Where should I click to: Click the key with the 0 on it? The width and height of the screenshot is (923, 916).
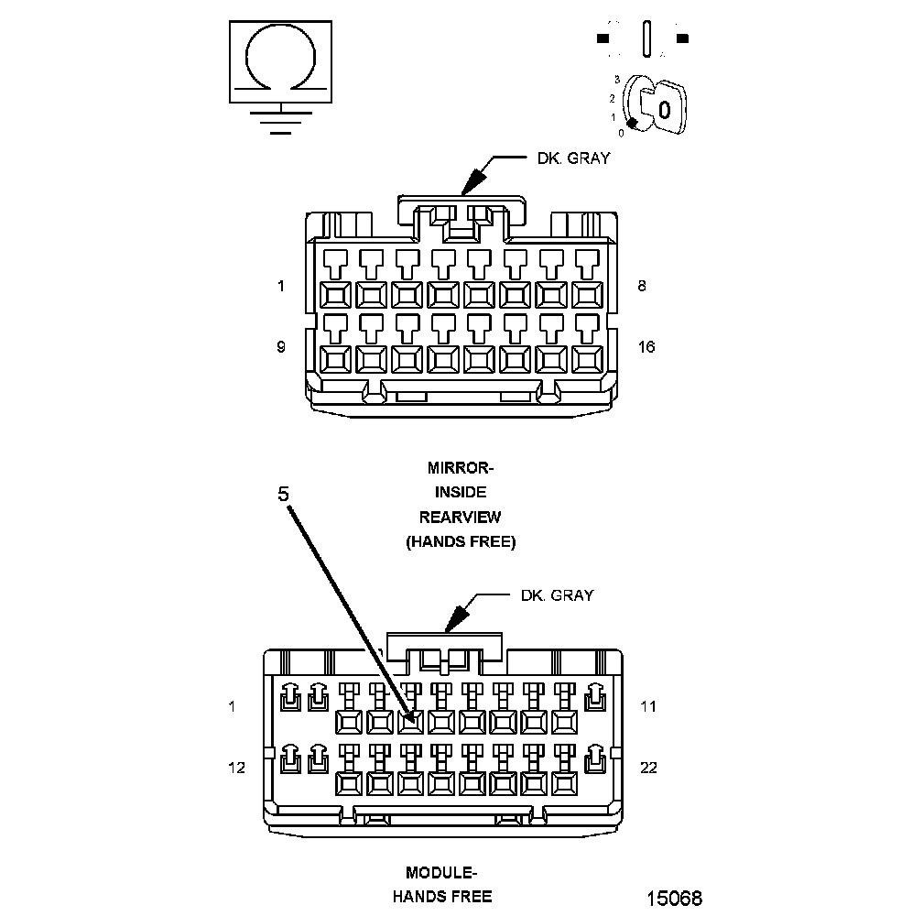(664, 109)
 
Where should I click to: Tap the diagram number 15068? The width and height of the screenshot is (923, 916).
(677, 898)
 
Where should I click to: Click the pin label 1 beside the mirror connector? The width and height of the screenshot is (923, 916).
(281, 286)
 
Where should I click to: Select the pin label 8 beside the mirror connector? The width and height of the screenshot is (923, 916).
(642, 286)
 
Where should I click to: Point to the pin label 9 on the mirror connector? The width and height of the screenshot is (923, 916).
(281, 346)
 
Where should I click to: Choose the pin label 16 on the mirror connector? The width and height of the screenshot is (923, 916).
(646, 346)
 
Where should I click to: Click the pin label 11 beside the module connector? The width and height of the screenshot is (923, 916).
(648, 706)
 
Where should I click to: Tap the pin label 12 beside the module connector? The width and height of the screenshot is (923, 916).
(236, 767)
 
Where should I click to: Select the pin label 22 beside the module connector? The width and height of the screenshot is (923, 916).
(648, 767)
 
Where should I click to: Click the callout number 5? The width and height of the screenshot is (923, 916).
(283, 494)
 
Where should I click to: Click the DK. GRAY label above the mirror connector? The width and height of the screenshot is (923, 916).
(573, 158)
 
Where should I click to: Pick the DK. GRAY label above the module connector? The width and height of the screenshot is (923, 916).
(557, 595)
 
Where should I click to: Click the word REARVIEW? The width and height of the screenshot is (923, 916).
(461, 517)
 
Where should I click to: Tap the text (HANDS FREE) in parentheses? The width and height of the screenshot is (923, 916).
(461, 541)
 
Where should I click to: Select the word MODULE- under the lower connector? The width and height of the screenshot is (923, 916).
(442, 872)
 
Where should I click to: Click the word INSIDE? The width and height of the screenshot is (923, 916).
(461, 492)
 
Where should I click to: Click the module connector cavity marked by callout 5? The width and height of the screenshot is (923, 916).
(411, 722)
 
